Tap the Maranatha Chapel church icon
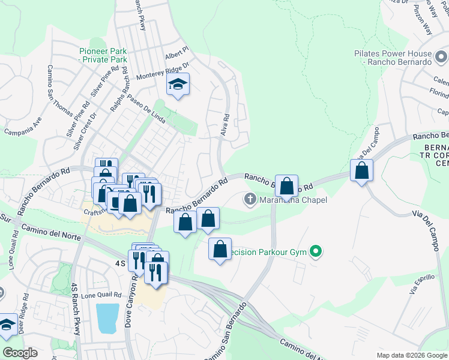pyautogui.click(x=250, y=199)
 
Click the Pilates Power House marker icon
pyautogui.click(x=442, y=58)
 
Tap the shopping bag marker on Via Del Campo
pyautogui.click(x=362, y=170)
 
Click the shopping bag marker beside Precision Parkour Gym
pyautogui.click(x=220, y=248)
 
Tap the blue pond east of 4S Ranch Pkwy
pyautogui.click(x=107, y=318)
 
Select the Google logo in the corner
pyautogui.click(x=20, y=353)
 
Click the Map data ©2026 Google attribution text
pyautogui.click(x=412, y=355)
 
